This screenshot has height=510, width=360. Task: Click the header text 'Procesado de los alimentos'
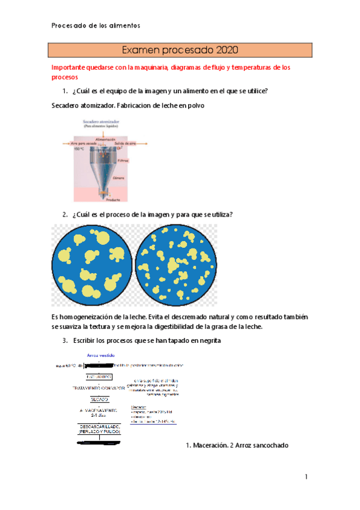tap(96, 25)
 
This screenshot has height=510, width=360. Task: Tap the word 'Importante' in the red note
tap(70, 68)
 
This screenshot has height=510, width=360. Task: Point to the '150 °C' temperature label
tap(79, 149)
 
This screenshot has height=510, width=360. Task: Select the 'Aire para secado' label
tap(83, 144)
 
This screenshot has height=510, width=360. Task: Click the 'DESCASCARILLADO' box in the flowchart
tap(99, 429)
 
